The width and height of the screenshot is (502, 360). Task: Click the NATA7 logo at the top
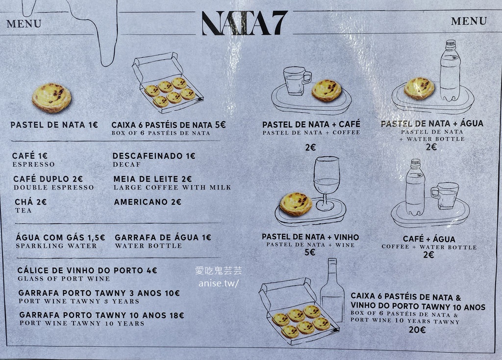(x=245, y=23)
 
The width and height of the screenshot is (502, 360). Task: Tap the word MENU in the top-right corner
(x=469, y=21)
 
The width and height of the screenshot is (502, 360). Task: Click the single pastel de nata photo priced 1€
(x=51, y=97)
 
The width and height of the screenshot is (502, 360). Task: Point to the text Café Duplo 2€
(x=48, y=179)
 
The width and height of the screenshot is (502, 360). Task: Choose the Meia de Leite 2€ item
(x=152, y=179)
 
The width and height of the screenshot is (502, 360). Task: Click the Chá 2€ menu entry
(x=31, y=202)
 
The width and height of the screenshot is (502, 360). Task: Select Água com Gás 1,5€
(x=60, y=238)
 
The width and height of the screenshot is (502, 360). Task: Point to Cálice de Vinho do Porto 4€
(x=87, y=270)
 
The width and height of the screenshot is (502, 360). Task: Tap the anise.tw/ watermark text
(x=218, y=283)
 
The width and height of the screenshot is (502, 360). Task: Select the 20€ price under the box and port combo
(x=417, y=330)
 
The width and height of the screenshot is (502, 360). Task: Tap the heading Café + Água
(x=429, y=239)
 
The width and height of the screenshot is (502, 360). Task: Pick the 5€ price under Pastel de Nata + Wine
(x=310, y=252)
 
